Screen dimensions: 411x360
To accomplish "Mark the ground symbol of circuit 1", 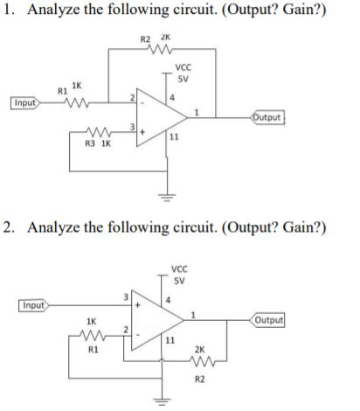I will tap(163, 195).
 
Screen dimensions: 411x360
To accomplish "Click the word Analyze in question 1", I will tap(54, 11).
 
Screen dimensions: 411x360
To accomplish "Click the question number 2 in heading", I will tap(7, 227).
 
